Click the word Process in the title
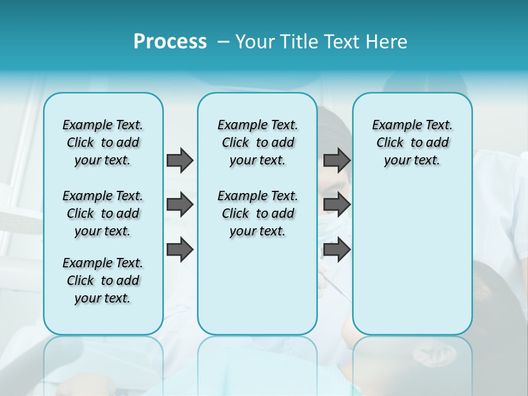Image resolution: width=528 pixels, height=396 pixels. pyautogui.click(x=170, y=42)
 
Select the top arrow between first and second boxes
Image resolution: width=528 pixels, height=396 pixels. pyautogui.click(x=180, y=160)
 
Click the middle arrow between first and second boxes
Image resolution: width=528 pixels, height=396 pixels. pyautogui.click(x=180, y=205)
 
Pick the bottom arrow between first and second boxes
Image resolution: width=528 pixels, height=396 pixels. pyautogui.click(x=180, y=250)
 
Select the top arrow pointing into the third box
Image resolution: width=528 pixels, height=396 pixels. pyautogui.click(x=337, y=160)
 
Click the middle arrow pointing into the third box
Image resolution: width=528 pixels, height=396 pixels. pyautogui.click(x=337, y=205)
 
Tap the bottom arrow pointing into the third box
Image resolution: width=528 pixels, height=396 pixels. pyautogui.click(x=337, y=250)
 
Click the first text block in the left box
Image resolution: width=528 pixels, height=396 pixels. pyautogui.click(x=103, y=142)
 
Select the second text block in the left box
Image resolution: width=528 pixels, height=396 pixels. pyautogui.click(x=103, y=213)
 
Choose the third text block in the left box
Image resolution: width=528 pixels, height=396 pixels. pyautogui.click(x=103, y=280)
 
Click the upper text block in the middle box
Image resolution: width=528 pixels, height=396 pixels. pyautogui.click(x=257, y=142)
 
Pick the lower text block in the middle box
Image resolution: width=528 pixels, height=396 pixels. pyautogui.click(x=257, y=213)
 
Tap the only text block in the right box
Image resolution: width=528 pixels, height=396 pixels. pyautogui.click(x=412, y=142)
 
